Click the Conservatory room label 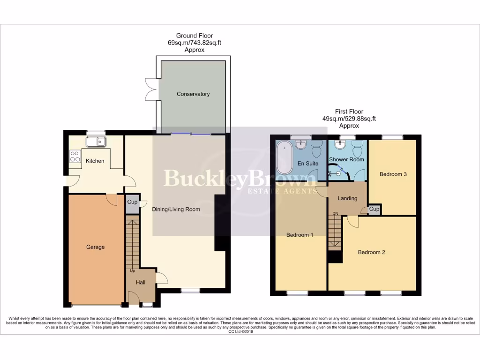[x=193, y=94]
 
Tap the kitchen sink [x=97, y=141]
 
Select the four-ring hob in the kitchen [x=75, y=156]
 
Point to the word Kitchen [x=95, y=161]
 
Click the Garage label [x=95, y=247]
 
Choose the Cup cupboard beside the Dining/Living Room [x=132, y=202]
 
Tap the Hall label [x=141, y=283]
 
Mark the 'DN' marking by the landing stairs [x=335, y=214]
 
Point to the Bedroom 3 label [x=393, y=174]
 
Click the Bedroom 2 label [x=371, y=252]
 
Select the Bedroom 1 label [x=300, y=235]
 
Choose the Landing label [x=347, y=198]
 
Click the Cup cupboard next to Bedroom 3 [x=374, y=209]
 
